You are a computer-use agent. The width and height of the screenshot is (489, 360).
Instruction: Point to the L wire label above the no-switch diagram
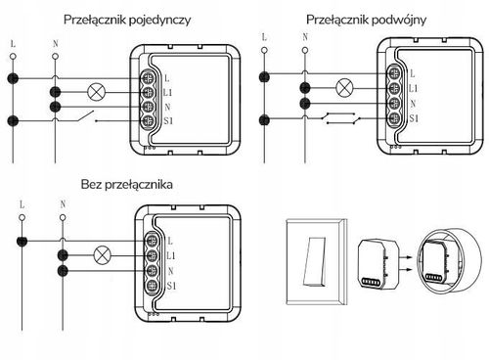coord(21,206)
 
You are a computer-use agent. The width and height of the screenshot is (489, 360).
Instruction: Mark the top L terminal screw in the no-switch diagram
coord(153,239)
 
